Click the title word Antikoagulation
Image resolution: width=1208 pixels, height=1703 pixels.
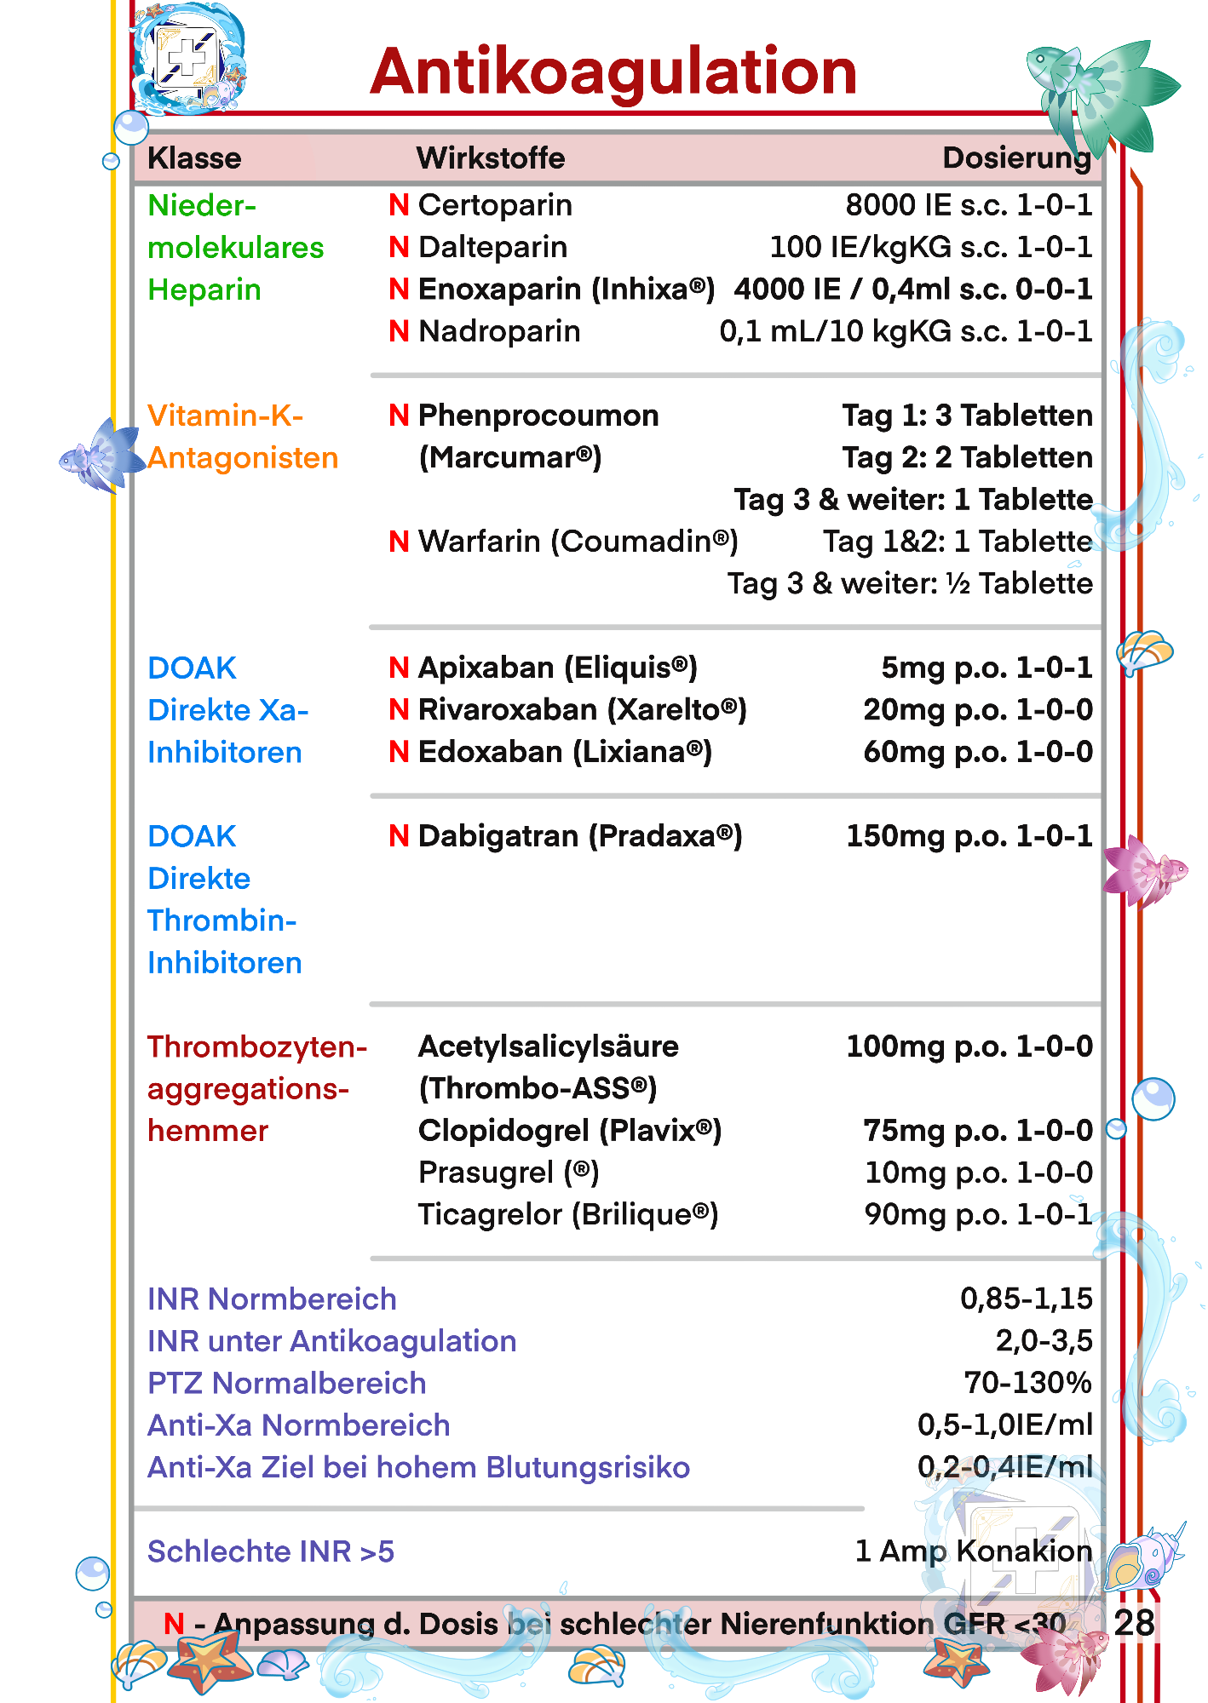pos(613,72)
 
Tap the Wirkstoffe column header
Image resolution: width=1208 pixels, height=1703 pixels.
pos(491,158)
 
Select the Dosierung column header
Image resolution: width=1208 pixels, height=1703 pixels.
pos(1016,158)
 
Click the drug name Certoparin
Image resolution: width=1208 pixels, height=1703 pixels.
pos(495,205)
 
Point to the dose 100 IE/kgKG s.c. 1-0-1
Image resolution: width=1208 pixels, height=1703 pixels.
pos(930,247)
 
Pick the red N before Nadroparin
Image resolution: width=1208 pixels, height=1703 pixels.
pos(399,331)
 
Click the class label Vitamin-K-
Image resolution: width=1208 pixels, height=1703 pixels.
pos(225,416)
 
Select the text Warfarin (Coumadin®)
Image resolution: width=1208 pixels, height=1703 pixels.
pos(578,542)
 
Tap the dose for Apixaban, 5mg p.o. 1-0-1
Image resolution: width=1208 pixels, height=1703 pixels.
pos(987,668)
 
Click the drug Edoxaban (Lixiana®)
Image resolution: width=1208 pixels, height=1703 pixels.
pos(565,752)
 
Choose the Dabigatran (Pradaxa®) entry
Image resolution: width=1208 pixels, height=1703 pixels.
pos(580,836)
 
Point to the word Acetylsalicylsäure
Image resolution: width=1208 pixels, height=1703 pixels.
pos(548,1046)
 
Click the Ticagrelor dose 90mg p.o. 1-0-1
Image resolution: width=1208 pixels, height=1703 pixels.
pos(978,1214)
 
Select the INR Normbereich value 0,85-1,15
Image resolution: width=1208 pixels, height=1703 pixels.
pos(1026,1299)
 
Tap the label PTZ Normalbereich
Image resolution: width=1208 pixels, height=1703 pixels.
pos(286,1383)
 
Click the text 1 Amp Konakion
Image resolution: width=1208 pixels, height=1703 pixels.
pos(973,1551)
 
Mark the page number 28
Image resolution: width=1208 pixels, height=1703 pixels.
pos(1134,1623)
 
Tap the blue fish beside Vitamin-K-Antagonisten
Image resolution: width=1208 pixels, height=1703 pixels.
pos(101,456)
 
